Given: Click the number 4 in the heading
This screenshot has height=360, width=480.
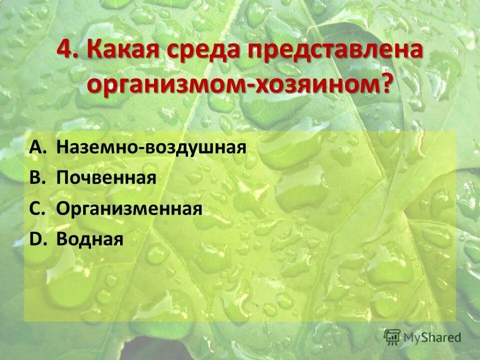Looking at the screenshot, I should pos(64,52).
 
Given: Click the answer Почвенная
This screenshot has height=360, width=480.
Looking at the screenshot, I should pos(106,178).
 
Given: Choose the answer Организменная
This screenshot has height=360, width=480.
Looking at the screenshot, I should pos(129,209).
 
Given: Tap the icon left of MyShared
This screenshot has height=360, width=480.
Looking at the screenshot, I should pos(392,336).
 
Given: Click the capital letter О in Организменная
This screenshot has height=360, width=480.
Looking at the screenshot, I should pos(63,209).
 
